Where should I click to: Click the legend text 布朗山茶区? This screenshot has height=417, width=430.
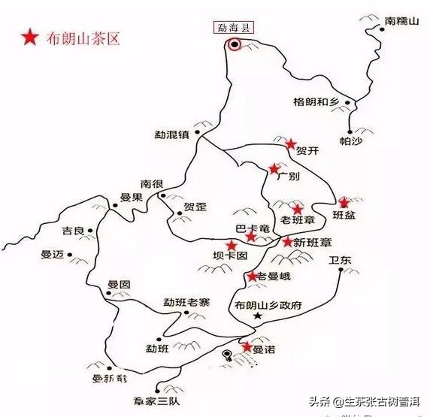(x=81, y=37)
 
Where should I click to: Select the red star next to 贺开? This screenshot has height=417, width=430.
(x=291, y=144)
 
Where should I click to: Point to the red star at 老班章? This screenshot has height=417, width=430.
(x=298, y=210)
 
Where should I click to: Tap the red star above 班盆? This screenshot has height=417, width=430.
(x=344, y=202)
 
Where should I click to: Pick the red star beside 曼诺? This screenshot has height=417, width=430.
(x=247, y=346)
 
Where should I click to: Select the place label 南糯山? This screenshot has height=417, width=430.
(x=401, y=22)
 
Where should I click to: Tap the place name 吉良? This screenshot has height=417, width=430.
(x=73, y=231)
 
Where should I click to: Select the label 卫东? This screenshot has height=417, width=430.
(x=340, y=261)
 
